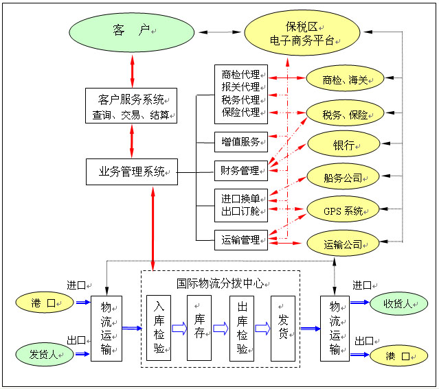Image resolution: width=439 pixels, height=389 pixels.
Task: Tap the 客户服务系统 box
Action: coord(131,106)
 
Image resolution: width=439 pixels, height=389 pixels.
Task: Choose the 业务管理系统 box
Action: coord(131,172)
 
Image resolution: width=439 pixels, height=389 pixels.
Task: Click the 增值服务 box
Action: coord(240,143)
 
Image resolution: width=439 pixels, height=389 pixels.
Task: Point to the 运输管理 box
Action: coord(240,240)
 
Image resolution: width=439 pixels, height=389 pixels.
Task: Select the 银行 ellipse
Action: coord(343,145)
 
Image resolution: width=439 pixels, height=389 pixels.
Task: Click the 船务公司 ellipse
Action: coord(343,178)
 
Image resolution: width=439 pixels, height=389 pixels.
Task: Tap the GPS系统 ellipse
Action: coord(343,211)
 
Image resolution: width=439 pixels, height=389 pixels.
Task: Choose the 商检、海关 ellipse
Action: coord(343,80)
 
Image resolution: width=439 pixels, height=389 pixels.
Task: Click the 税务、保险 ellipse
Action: coord(343,113)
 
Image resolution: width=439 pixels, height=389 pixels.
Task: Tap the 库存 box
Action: coord(199,328)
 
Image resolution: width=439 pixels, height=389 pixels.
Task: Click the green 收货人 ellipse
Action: coord(398,304)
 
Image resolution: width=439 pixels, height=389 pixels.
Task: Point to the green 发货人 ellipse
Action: coord(44,354)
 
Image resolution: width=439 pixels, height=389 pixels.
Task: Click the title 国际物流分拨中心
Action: coord(220,283)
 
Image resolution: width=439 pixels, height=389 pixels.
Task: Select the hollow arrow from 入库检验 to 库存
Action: coord(179,329)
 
